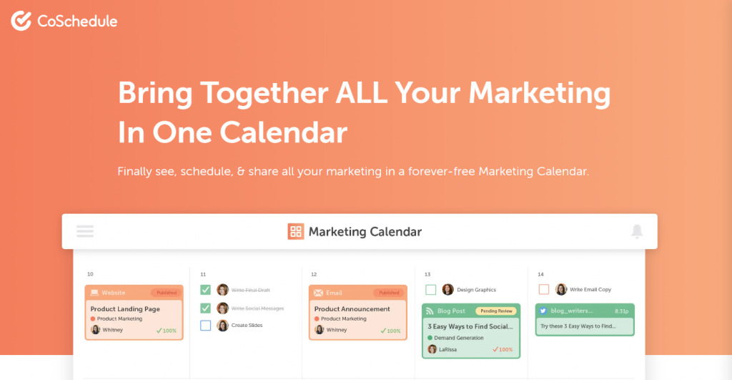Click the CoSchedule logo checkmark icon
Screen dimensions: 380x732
(21, 21)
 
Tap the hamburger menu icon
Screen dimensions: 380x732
(85, 231)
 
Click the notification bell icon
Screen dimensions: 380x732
(636, 231)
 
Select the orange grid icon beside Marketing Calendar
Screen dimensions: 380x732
(296, 231)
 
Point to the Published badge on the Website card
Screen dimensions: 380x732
(167, 293)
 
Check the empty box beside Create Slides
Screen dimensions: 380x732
(206, 326)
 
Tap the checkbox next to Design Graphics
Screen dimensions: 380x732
(431, 290)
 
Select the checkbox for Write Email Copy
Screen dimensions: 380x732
(544, 290)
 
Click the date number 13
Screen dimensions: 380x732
(427, 274)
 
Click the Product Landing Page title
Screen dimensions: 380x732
(125, 309)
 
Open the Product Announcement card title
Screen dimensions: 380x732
(352, 309)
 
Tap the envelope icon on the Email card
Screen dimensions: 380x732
(317, 293)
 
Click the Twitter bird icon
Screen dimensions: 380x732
(543, 311)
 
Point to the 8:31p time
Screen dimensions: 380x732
(620, 311)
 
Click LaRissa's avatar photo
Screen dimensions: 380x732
(432, 349)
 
